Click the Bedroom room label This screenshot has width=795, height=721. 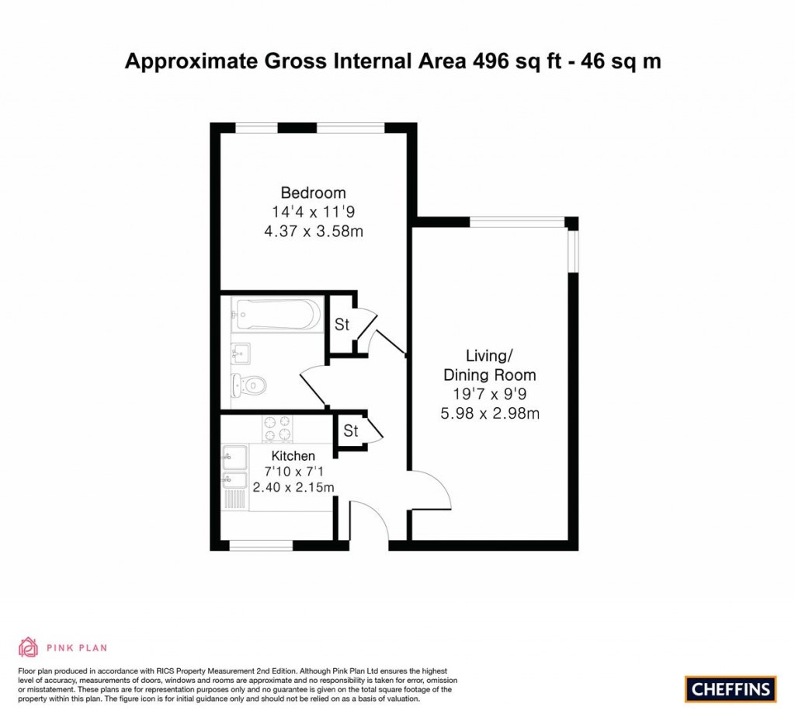click(313, 193)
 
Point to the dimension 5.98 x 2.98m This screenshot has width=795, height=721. click(489, 413)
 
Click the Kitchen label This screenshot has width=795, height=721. click(293, 456)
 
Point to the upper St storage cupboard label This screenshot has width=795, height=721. click(342, 325)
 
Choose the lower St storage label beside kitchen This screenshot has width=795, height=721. click(350, 431)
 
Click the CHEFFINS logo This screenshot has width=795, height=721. click(731, 688)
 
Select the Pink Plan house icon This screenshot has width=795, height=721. click(28, 647)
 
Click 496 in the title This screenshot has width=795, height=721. click(492, 61)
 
